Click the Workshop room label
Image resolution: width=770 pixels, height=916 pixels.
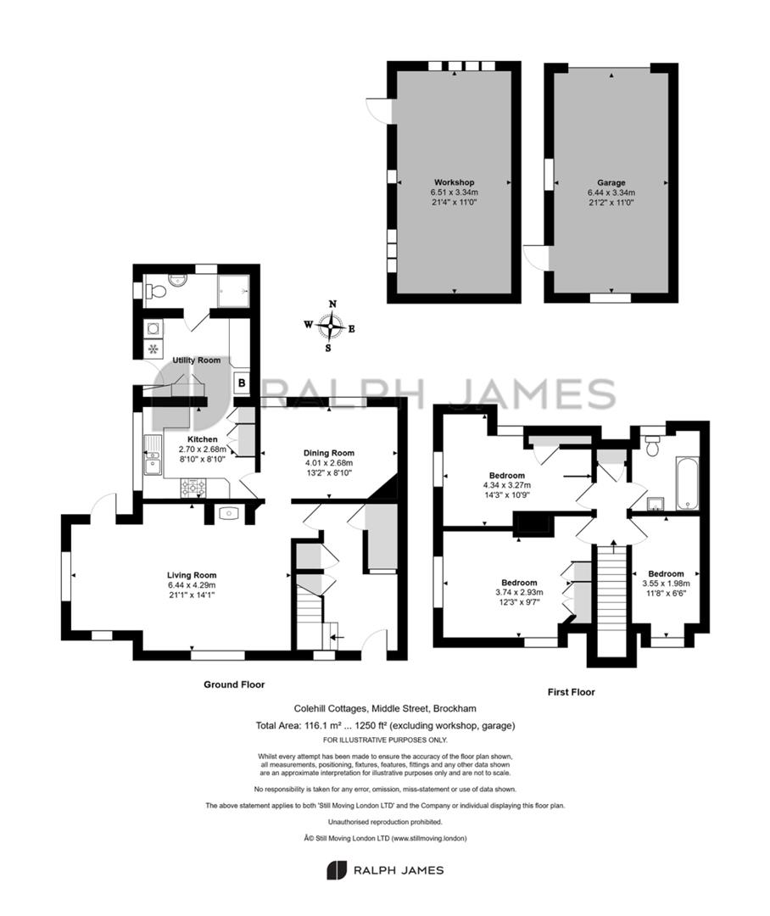(x=454, y=182)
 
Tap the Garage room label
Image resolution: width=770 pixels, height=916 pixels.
(x=611, y=182)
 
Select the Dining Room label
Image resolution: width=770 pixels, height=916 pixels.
(x=329, y=453)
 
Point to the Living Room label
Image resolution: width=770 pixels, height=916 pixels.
(x=192, y=575)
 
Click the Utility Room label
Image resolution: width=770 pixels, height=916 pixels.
(x=196, y=360)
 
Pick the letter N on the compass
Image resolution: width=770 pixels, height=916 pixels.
(x=333, y=304)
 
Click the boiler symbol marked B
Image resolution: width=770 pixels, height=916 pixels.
(x=241, y=384)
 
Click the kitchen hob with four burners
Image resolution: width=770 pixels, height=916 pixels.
(x=194, y=487)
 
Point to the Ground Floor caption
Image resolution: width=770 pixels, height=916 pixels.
(x=234, y=684)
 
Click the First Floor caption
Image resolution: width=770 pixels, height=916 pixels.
(x=571, y=692)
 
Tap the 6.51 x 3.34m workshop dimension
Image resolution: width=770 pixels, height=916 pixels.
(x=454, y=193)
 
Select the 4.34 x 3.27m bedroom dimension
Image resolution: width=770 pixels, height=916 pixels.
(x=507, y=485)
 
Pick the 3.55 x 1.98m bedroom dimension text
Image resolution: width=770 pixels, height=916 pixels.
(x=666, y=583)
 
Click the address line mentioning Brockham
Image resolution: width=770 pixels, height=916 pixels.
(x=385, y=708)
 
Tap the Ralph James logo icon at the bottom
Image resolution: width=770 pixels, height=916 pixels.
(x=337, y=870)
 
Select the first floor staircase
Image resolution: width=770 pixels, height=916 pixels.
(x=613, y=600)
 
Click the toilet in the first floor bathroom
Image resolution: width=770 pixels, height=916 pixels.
(x=653, y=444)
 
